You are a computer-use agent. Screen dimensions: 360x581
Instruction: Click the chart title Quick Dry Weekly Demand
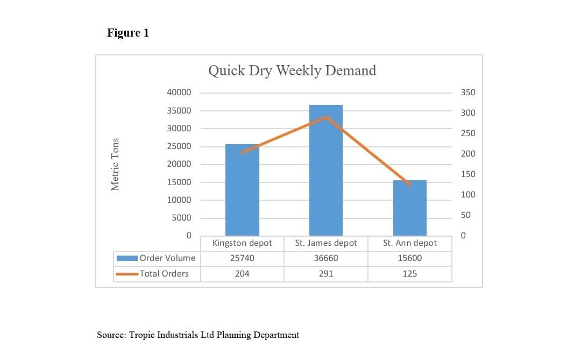292,70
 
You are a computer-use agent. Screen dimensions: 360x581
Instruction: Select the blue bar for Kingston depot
242,194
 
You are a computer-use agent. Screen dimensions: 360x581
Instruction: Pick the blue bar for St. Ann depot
410,210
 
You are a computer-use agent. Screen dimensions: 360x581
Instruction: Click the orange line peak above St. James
326,117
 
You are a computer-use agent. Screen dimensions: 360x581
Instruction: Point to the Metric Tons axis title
115,164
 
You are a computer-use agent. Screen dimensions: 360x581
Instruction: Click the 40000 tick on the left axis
179,93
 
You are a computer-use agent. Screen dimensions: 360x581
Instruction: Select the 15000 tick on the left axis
179,182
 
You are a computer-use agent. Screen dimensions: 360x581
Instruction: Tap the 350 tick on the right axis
468,93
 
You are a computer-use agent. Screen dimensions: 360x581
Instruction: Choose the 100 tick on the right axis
468,195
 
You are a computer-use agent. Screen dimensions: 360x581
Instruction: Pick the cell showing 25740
242,258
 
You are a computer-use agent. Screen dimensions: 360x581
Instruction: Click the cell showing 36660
326,258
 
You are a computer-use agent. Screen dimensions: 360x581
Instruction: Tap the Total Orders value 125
410,274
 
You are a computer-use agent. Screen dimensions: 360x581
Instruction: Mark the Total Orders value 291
326,274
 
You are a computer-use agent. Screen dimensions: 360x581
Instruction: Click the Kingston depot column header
242,243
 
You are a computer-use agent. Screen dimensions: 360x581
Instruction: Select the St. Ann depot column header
410,243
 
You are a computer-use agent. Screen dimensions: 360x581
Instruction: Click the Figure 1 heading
128,33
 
